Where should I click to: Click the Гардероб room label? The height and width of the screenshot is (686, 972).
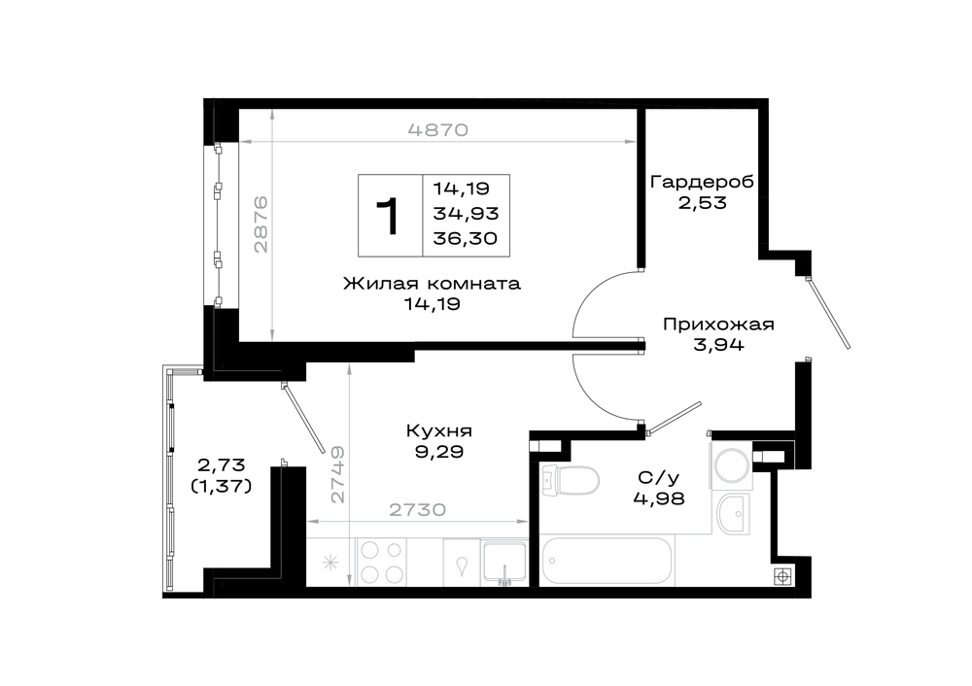pyautogui.click(x=702, y=182)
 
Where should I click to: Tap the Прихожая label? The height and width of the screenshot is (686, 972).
pyautogui.click(x=718, y=325)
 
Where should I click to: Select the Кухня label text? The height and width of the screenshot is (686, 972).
pyautogui.click(x=439, y=430)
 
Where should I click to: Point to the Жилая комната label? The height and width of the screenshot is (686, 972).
pyautogui.click(x=433, y=284)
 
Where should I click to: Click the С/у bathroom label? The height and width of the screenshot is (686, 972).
pyautogui.click(x=658, y=477)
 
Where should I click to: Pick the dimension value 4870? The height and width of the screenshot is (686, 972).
pyautogui.click(x=437, y=130)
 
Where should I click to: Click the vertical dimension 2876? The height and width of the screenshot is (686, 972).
pyautogui.click(x=260, y=223)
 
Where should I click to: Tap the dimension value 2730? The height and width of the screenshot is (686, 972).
pyautogui.click(x=417, y=510)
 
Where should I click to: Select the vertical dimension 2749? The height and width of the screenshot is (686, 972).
pyautogui.click(x=337, y=474)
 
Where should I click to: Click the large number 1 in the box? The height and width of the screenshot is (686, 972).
pyautogui.click(x=389, y=217)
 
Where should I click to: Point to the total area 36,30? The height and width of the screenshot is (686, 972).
pyautogui.click(x=465, y=239)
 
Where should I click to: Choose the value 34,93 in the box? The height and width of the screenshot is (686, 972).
pyautogui.click(x=466, y=213)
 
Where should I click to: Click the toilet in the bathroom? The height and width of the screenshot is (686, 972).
pyautogui.click(x=570, y=480)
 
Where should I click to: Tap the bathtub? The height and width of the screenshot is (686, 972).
pyautogui.click(x=606, y=561)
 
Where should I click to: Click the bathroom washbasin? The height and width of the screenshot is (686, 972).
pyautogui.click(x=734, y=514)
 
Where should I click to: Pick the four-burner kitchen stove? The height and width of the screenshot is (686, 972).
pyautogui.click(x=381, y=562)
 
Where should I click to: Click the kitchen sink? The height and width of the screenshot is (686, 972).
pyautogui.click(x=504, y=562)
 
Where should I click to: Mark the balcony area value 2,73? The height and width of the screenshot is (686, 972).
pyautogui.click(x=221, y=464)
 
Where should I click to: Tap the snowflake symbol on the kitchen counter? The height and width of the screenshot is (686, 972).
pyautogui.click(x=330, y=564)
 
